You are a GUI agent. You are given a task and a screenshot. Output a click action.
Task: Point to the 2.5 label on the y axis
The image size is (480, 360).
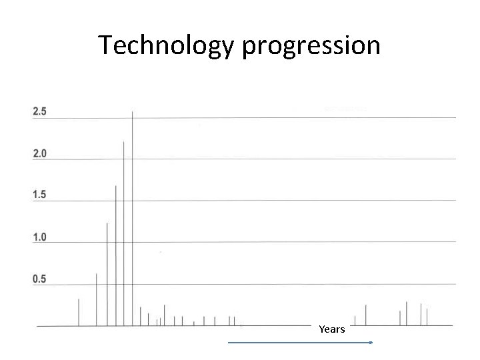click(40, 111)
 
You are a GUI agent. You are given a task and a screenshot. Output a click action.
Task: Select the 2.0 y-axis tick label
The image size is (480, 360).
click(40, 153)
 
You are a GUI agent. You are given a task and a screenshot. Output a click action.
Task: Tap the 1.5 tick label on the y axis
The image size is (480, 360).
click(40, 195)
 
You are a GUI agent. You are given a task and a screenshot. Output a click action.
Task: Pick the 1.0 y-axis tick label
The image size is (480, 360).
click(40, 237)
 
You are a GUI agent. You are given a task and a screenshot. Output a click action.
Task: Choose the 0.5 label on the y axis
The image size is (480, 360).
click(40, 279)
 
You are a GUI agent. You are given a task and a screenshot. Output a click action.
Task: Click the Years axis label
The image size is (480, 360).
click(332, 329)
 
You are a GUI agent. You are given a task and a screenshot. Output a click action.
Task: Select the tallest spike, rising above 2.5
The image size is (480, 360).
click(133, 220)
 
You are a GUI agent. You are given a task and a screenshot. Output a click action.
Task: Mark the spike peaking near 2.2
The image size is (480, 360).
click(124, 233)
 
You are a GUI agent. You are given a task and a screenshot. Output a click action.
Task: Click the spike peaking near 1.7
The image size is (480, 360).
click(116, 257)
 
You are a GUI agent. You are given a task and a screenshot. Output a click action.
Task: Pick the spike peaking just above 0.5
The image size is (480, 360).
click(97, 300)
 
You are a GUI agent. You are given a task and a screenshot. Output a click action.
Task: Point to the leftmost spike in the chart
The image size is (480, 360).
click(79, 313)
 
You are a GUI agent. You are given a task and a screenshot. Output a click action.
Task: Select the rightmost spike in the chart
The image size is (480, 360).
click(427, 317)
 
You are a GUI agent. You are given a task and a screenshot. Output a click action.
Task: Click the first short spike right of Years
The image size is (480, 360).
click(355, 321)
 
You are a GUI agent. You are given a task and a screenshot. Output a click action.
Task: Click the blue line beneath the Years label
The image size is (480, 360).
click(300, 343)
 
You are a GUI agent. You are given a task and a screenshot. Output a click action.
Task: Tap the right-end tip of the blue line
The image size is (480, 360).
click(371, 343)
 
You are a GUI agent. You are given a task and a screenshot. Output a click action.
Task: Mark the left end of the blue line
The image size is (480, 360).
click(229, 343)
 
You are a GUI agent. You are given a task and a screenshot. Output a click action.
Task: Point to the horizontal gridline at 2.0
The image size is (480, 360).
click(267, 159)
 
